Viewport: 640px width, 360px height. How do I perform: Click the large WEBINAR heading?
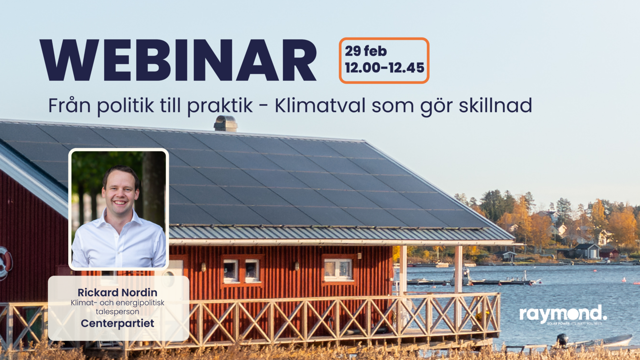tap(178, 61)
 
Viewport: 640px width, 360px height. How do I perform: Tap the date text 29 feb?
tap(366, 51)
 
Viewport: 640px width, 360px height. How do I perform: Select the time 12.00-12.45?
tap(384, 68)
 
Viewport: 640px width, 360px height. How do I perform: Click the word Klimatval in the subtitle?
tap(320, 105)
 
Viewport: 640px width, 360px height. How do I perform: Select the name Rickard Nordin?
tap(117, 292)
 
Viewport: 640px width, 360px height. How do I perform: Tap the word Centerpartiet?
tap(117, 323)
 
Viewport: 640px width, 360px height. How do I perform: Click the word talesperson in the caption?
tap(117, 312)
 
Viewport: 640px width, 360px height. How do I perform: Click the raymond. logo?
tap(563, 314)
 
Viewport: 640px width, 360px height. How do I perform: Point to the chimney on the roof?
tap(225, 124)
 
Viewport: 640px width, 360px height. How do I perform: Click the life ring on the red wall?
tap(5, 262)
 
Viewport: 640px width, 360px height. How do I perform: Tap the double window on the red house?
tap(241, 270)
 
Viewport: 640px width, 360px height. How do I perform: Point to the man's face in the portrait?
tap(120, 192)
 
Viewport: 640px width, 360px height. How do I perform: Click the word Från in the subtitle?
tap(69, 105)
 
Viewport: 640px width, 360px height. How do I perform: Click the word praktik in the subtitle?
tap(220, 106)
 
